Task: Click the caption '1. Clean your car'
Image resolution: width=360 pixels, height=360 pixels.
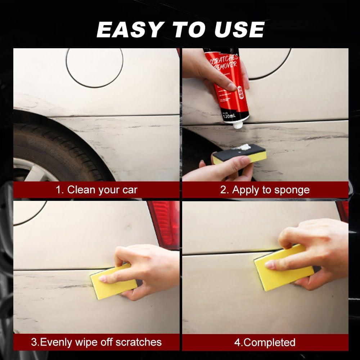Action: coord(96,190)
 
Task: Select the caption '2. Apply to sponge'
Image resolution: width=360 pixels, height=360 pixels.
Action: coord(265,190)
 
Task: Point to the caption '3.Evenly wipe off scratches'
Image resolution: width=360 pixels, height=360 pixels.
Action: coord(96,342)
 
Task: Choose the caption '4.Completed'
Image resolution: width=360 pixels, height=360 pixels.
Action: coord(265,342)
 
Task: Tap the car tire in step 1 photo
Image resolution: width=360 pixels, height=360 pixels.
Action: coord(54,144)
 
